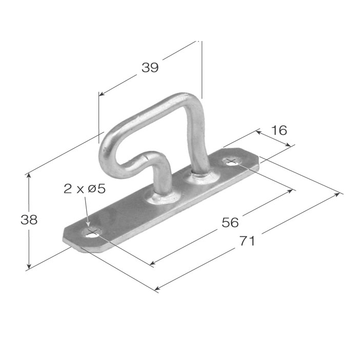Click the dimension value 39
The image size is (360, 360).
coord(150,67)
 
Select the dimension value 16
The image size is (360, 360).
coord(279,130)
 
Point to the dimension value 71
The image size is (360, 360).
coord(247,241)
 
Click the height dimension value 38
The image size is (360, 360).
coord(29,220)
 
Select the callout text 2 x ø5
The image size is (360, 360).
coord(85,189)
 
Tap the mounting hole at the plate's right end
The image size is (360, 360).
coord(232,162)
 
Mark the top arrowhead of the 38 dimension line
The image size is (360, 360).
coord(29,175)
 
